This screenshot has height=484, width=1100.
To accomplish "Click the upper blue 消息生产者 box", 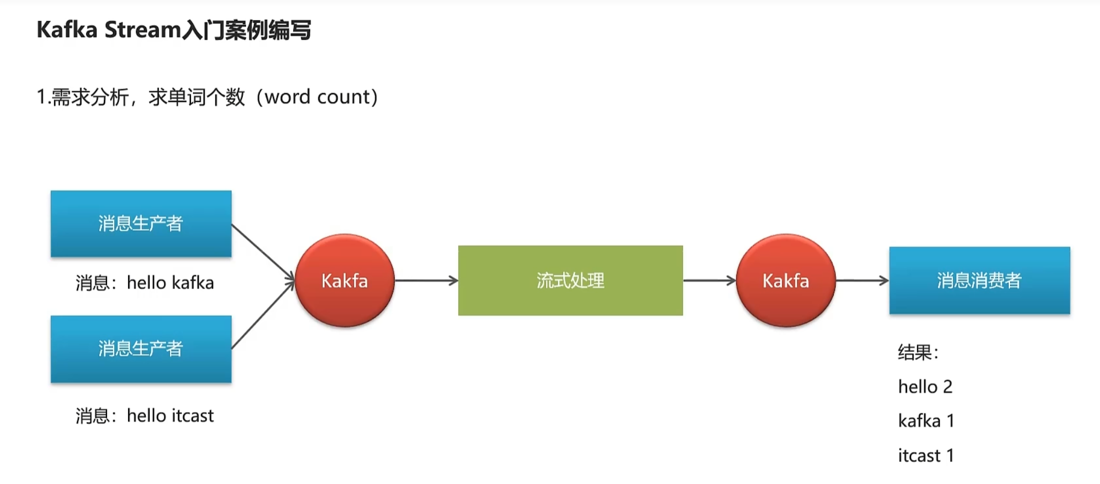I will tap(141, 223).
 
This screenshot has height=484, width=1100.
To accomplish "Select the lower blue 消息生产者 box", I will tap(141, 349).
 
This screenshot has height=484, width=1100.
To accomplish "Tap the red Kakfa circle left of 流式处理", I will tap(345, 281).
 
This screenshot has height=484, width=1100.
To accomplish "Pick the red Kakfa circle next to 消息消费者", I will tap(785, 281).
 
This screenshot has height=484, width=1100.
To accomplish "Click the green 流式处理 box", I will tap(570, 281).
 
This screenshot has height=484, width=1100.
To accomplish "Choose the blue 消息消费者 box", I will tap(979, 281).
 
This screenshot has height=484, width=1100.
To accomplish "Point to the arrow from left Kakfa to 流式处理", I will tap(426, 281).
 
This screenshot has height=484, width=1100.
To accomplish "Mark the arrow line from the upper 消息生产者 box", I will tap(263, 251).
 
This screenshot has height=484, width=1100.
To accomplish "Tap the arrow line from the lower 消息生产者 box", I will tap(263, 315).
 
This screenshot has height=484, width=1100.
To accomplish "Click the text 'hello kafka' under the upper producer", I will tap(170, 283).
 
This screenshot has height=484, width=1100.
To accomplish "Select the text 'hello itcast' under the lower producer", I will tap(170, 416).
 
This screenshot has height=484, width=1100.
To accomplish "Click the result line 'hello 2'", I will tap(925, 387).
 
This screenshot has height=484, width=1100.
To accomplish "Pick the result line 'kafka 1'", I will tap(926, 421).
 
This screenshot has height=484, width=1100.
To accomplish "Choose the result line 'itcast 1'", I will tap(926, 456).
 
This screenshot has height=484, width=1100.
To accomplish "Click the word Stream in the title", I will tap(143, 30).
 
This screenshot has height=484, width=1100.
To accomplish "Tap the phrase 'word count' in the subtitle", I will tap(317, 97).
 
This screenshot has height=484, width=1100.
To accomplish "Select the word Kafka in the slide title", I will tap(67, 30).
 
